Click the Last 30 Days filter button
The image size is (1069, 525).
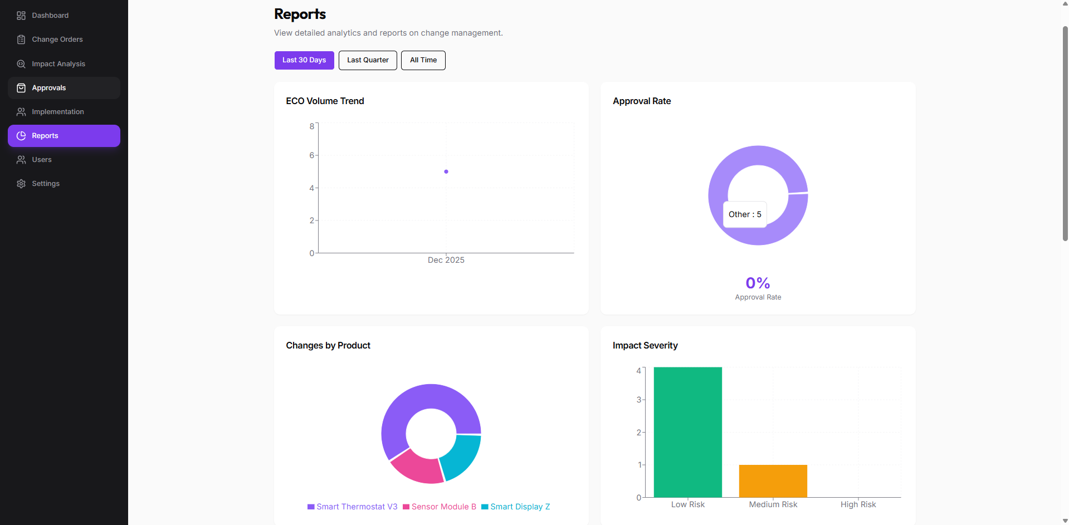pyautogui.click(x=304, y=60)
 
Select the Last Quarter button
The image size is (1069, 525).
pyautogui.click(x=368, y=60)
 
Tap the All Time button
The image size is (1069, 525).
pyautogui.click(x=423, y=60)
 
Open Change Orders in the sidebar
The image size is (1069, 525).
pyautogui.click(x=57, y=40)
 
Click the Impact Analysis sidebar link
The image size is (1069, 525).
pyautogui.click(x=58, y=64)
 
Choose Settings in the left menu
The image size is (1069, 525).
pyautogui.click(x=45, y=184)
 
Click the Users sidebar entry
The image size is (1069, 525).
pyautogui.click(x=41, y=160)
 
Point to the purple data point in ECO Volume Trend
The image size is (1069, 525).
pyautogui.click(x=446, y=171)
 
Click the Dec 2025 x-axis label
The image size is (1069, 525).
pyautogui.click(x=446, y=260)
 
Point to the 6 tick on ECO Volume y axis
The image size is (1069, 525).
pyautogui.click(x=312, y=155)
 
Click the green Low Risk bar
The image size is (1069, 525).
pyautogui.click(x=687, y=432)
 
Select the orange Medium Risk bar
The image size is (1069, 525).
pyautogui.click(x=773, y=480)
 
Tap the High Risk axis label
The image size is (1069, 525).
pyautogui.click(x=858, y=504)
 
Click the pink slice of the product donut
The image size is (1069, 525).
pyautogui.click(x=415, y=467)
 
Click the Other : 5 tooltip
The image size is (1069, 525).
pyautogui.click(x=745, y=214)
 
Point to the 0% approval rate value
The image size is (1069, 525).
pyautogui.click(x=758, y=283)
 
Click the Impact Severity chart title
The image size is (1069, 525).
pyautogui.click(x=645, y=346)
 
